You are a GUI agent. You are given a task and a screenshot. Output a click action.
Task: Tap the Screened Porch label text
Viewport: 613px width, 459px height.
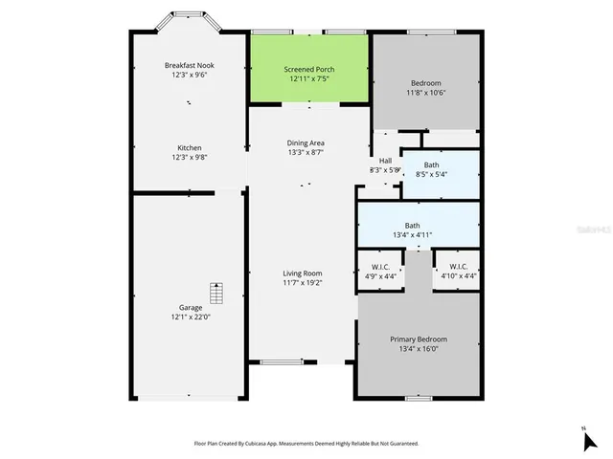click(308, 70)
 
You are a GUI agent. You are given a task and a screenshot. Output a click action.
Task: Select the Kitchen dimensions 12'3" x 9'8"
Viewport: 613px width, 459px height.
click(189, 158)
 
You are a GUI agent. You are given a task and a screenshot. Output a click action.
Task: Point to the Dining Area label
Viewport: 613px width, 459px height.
click(306, 143)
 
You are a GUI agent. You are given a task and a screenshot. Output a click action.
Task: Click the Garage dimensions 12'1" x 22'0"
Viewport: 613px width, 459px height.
click(189, 317)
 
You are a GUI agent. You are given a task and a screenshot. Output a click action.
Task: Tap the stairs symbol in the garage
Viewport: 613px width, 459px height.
click(216, 292)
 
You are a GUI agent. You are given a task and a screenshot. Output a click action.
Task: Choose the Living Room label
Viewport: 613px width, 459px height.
click(303, 273)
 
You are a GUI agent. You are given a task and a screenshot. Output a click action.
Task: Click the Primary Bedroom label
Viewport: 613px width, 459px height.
click(418, 339)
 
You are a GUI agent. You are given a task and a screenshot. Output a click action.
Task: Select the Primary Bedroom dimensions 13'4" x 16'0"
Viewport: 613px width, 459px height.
click(418, 349)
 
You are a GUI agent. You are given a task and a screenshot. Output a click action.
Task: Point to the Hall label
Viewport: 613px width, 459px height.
click(385, 161)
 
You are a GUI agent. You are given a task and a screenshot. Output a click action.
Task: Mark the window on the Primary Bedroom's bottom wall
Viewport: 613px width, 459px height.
click(418, 397)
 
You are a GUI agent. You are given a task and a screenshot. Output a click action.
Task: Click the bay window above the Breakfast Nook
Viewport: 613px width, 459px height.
click(188, 14)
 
